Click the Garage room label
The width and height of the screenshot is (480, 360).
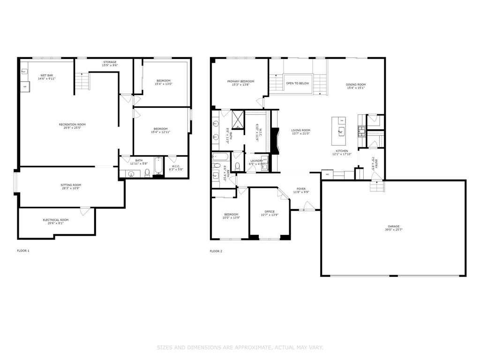point(393,226)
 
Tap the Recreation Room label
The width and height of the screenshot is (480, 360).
point(72,124)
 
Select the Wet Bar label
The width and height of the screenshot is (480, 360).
point(46,75)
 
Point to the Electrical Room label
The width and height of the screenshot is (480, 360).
point(56,220)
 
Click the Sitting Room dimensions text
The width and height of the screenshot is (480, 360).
point(71,188)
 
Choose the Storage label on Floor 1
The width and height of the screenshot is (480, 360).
point(110,62)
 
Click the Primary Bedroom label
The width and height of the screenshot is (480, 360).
point(240,81)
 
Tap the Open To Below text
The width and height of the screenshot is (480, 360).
point(297,83)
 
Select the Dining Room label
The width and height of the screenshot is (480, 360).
point(356,84)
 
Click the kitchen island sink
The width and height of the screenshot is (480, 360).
point(341,131)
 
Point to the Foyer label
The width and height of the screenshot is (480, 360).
point(301,188)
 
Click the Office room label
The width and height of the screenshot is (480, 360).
point(270,211)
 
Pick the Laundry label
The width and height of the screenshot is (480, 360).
point(256,161)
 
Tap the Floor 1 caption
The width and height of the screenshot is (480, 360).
point(23,251)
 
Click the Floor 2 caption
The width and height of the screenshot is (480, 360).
point(216,251)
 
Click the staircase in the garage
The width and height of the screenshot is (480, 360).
point(376,187)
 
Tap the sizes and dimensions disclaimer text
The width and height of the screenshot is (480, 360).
point(240,347)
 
